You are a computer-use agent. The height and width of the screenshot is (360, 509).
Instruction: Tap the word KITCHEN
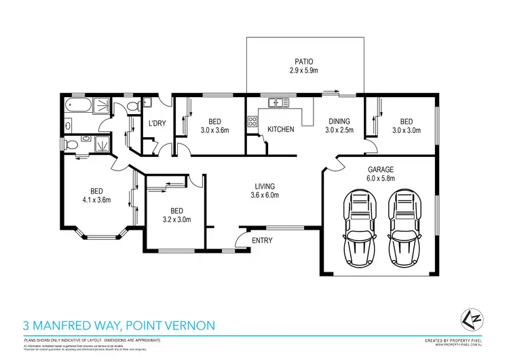pyautogui.click(x=280, y=129)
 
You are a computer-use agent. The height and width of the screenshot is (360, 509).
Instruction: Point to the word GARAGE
pyautogui.click(x=381, y=170)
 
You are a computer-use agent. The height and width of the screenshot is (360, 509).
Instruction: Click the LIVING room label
pyautogui.click(x=265, y=186)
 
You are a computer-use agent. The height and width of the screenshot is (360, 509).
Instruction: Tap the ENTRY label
pyautogui.click(x=262, y=240)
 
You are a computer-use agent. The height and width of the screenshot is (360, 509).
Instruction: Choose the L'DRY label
pyautogui.click(x=157, y=123)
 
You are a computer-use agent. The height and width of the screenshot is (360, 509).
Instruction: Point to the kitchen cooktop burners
pyautogui.click(x=252, y=122)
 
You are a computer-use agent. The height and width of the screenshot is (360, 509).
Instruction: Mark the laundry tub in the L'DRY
pyautogui.click(x=148, y=103)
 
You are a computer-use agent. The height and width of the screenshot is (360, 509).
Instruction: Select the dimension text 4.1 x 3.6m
pyautogui.click(x=96, y=200)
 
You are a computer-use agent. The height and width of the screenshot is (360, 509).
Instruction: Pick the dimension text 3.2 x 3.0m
pyautogui.click(x=176, y=219)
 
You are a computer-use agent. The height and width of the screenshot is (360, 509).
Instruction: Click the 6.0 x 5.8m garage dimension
pyautogui.click(x=381, y=179)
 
